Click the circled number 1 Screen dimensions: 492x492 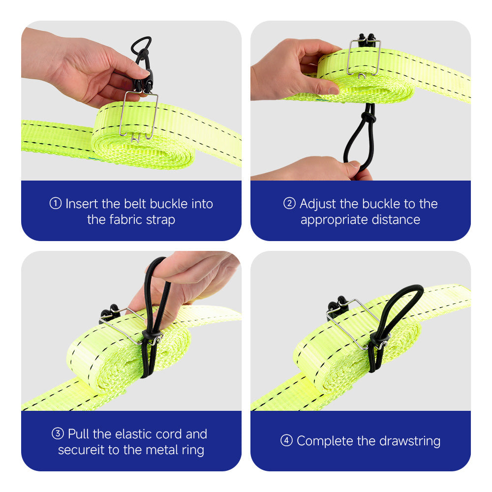click(56, 203)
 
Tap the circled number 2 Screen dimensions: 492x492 click(289, 203)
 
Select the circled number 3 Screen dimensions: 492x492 click(58, 433)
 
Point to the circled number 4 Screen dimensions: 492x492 click(286, 440)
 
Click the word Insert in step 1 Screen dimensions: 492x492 click(82, 204)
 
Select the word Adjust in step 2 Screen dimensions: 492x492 click(318, 205)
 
